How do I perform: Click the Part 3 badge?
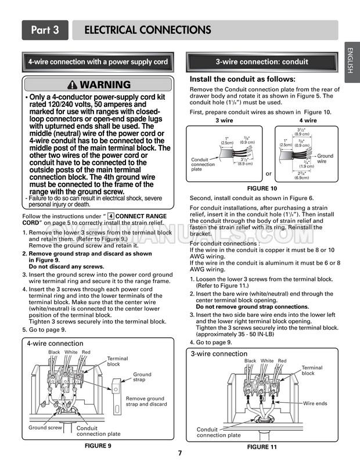[45, 30]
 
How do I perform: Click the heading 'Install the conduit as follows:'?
[243, 79]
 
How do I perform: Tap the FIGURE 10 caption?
[262, 189]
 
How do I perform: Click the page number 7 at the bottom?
[180, 453]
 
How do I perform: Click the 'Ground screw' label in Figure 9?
[45, 428]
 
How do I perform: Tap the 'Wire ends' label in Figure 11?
[315, 403]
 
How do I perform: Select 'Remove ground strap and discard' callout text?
[146, 402]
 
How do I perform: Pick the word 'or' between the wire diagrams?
[268, 174]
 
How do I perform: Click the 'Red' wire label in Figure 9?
[86, 352]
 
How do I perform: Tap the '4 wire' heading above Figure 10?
[308, 121]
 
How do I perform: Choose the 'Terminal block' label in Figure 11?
[311, 370]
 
